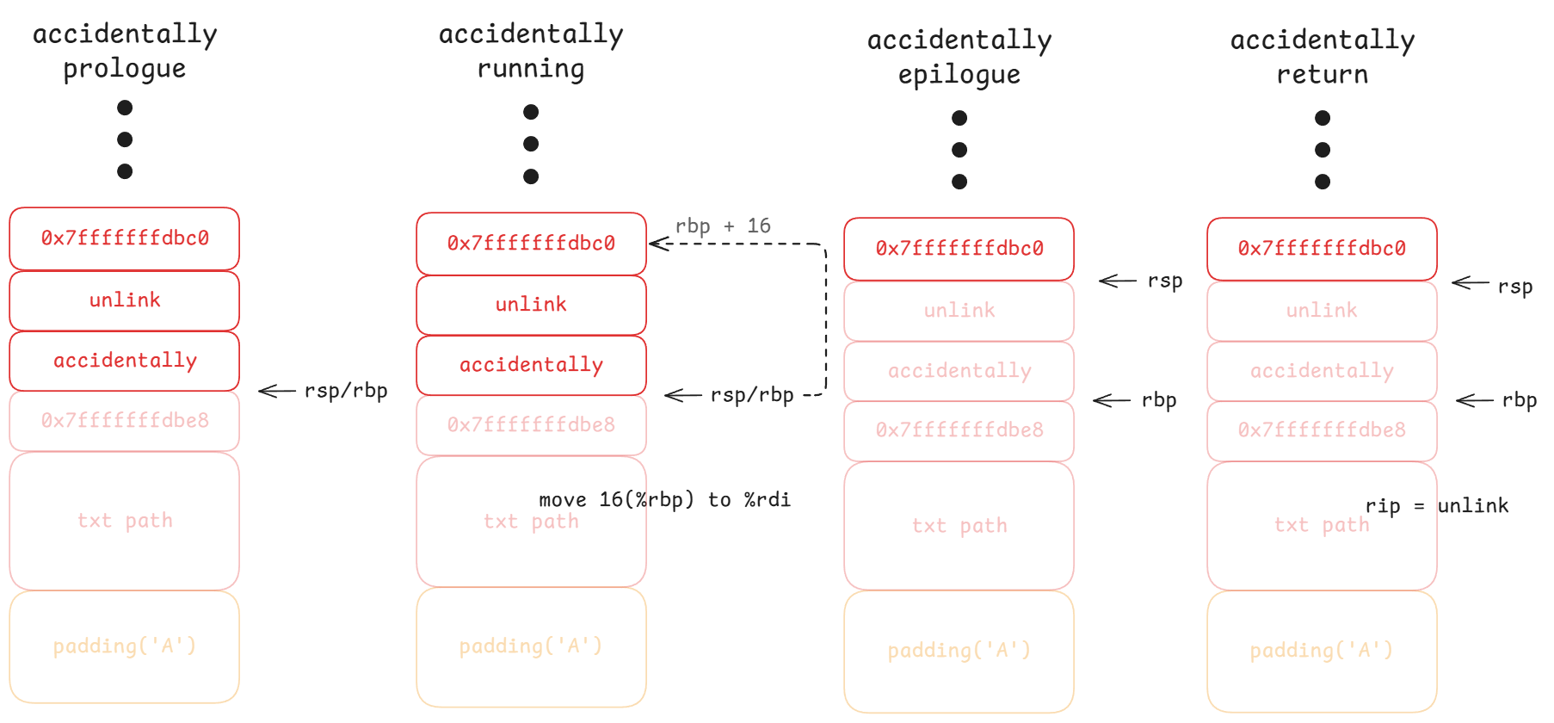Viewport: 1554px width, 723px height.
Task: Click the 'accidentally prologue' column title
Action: pos(125,51)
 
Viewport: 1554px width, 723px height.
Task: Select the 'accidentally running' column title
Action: pos(531,51)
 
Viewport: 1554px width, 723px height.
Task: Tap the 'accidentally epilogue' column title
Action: pos(959,57)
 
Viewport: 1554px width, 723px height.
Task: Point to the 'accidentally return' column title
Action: pos(1323,57)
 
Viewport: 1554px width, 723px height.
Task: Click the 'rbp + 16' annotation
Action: pos(723,226)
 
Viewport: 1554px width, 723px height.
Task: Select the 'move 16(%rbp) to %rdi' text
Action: pos(664,499)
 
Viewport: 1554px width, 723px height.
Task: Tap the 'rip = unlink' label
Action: pos(1437,505)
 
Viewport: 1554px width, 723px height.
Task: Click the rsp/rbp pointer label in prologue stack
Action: pos(346,391)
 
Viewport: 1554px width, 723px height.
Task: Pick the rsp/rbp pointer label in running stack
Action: pos(752,395)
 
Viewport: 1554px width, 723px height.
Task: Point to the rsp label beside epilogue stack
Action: pos(1165,281)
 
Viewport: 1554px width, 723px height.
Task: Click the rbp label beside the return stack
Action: pos(1520,400)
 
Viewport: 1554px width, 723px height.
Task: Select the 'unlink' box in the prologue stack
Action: pos(125,300)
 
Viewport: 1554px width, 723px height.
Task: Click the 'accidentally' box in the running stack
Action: pos(531,365)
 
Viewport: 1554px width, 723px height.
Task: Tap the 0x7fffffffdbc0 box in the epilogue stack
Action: pos(959,249)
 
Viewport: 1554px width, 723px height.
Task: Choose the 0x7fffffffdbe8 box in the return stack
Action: pos(1322,430)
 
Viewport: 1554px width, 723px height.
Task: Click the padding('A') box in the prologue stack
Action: pos(125,646)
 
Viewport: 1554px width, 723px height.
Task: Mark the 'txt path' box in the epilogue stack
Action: pos(959,526)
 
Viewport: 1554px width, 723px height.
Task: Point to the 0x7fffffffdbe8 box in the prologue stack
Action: pos(125,421)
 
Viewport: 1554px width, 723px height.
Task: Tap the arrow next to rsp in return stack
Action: pos(1470,282)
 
